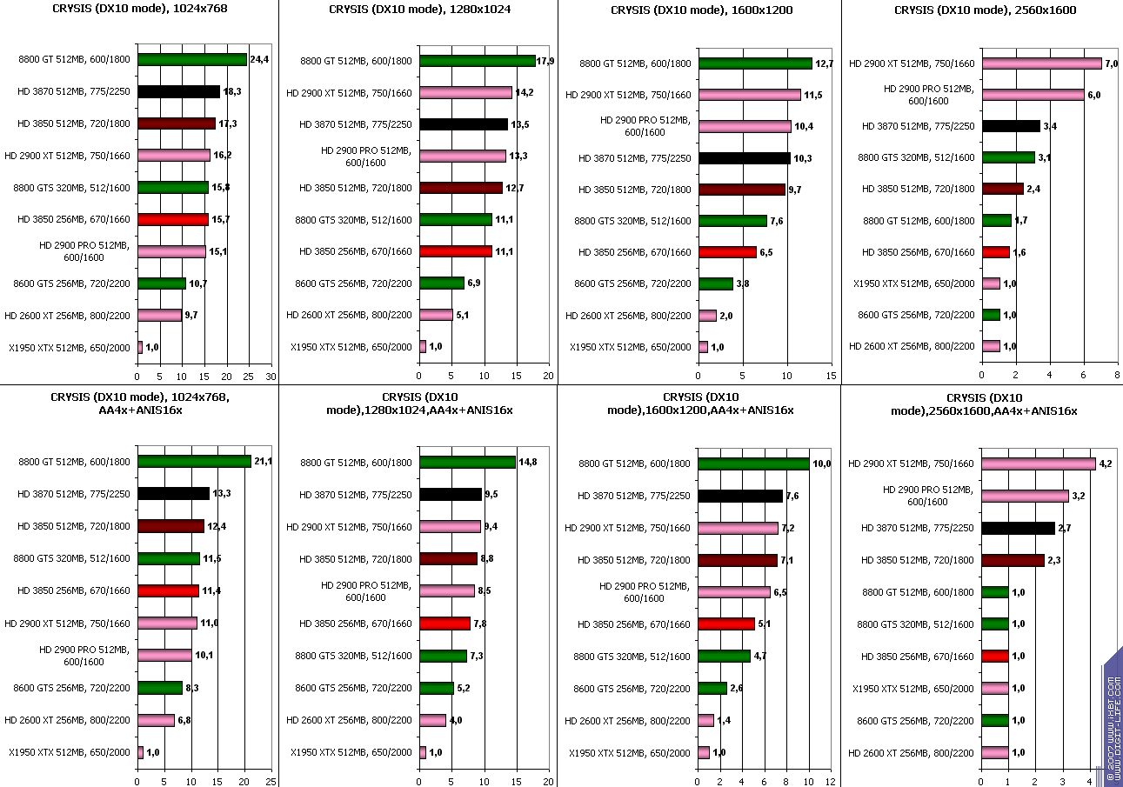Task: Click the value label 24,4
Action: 258,61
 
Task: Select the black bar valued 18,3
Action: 178,91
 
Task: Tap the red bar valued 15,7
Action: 173,219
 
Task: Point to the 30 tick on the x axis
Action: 271,376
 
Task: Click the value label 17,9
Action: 545,61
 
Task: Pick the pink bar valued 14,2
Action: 465,93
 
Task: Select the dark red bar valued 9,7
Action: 742,190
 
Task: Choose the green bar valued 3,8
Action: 716,283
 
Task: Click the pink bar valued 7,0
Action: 1041,63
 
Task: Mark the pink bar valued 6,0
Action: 1033,95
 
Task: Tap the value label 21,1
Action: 263,462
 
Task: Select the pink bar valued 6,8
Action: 156,720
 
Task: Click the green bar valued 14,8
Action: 467,463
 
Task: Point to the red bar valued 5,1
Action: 726,624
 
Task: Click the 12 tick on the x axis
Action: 831,782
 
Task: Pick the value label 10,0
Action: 822,464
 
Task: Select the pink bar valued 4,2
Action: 1038,464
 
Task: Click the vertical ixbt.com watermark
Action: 1113,713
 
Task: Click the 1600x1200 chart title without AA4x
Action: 699,10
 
